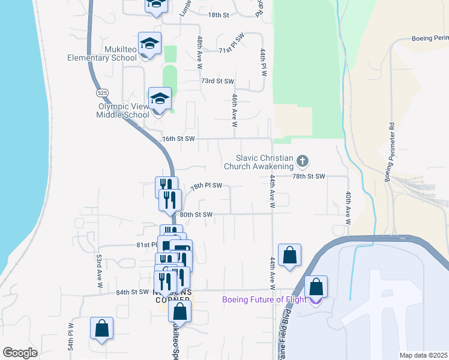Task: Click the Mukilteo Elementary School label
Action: (102, 53)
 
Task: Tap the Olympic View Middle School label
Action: (123, 110)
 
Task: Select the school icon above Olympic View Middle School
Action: (160, 98)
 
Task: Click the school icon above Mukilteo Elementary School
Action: (149, 43)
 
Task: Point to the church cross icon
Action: (303, 161)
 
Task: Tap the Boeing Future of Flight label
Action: (264, 300)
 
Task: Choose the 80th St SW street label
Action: (196, 214)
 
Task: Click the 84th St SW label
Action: (132, 292)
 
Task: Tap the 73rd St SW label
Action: (217, 80)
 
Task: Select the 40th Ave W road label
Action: (348, 208)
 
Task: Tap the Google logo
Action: (20, 352)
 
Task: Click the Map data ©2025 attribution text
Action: (423, 355)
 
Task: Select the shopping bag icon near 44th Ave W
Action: (289, 254)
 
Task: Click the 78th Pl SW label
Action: (207, 186)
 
